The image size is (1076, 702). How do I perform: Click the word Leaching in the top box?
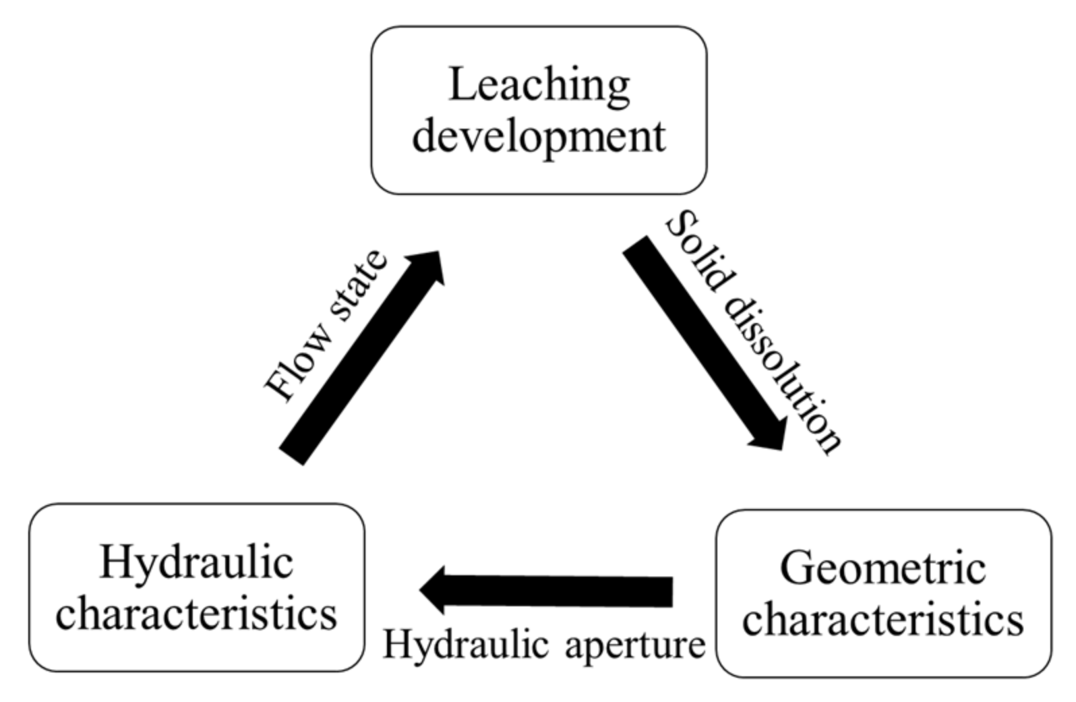539,86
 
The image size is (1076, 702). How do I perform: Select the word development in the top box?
539,136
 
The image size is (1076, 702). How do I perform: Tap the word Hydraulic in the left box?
196,563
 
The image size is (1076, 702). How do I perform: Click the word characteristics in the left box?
196,614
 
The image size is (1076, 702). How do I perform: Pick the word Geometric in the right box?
883,568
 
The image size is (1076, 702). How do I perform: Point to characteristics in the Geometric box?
883,619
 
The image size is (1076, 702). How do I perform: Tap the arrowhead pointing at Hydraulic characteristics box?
435,591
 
